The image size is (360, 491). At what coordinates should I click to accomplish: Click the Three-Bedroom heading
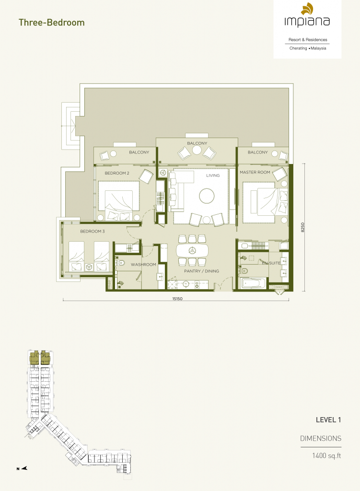(52, 23)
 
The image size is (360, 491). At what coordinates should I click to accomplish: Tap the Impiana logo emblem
(307, 9)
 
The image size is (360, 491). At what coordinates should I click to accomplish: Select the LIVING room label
(213, 175)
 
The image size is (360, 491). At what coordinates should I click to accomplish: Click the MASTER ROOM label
(255, 172)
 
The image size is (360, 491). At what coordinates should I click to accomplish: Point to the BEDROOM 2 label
(117, 173)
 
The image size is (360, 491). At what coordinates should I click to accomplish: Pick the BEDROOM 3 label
(93, 232)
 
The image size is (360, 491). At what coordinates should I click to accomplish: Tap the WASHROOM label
(143, 265)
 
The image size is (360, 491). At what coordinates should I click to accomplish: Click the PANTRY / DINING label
(202, 271)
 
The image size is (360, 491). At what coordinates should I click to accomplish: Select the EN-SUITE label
(271, 263)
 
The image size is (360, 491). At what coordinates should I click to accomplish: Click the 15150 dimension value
(177, 299)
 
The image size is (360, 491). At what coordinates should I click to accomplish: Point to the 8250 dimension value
(302, 227)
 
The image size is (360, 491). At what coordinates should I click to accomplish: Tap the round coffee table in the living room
(207, 196)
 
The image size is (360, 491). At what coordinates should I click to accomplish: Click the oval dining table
(192, 250)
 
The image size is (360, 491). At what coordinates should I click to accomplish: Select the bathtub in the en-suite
(254, 284)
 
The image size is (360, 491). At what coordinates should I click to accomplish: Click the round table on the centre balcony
(197, 150)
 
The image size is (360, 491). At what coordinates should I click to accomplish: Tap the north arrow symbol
(24, 468)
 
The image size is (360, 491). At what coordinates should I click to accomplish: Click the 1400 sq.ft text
(326, 456)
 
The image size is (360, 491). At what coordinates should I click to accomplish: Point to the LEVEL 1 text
(328, 420)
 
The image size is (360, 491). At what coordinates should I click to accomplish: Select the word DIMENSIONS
(321, 438)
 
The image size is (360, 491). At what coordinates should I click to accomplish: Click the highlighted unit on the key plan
(40, 358)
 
